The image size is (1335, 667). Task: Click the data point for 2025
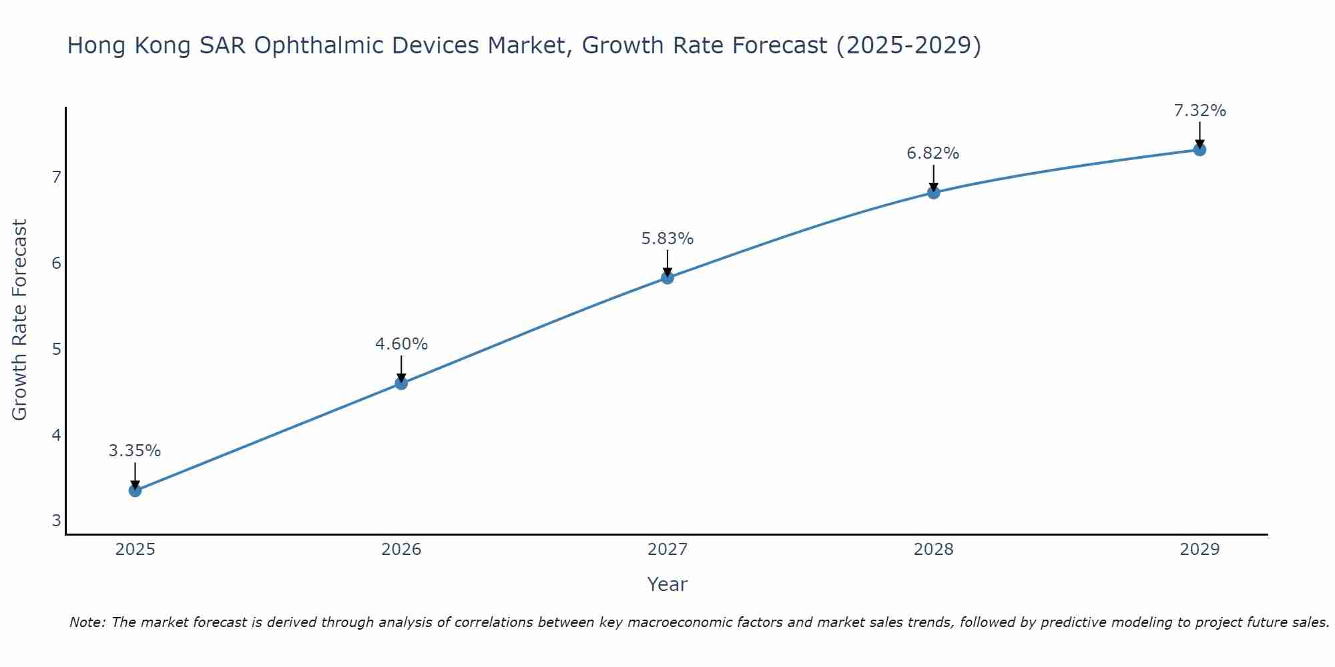pyautogui.click(x=135, y=491)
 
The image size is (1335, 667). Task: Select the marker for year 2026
pyautogui.click(x=401, y=383)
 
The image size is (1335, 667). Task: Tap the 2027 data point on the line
pyautogui.click(x=667, y=277)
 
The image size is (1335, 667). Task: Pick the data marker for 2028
pyautogui.click(x=933, y=193)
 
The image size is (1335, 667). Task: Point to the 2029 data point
pyautogui.click(x=1199, y=149)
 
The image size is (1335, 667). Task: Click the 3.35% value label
pyautogui.click(x=135, y=451)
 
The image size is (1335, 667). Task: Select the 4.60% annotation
pyautogui.click(x=401, y=344)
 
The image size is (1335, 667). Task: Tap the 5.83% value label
pyautogui.click(x=667, y=238)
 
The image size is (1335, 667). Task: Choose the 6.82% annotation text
pyautogui.click(x=932, y=153)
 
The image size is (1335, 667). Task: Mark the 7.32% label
pyautogui.click(x=1199, y=111)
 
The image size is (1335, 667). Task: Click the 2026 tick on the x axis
pyautogui.click(x=401, y=550)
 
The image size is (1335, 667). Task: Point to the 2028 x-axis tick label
pyautogui.click(x=933, y=550)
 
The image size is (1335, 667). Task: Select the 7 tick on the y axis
pyautogui.click(x=56, y=177)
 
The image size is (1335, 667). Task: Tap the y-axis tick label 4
pyautogui.click(x=56, y=435)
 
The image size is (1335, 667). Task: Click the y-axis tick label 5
pyautogui.click(x=56, y=349)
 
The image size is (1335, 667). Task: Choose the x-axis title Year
pyautogui.click(x=667, y=584)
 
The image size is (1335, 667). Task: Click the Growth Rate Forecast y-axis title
pyautogui.click(x=20, y=319)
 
